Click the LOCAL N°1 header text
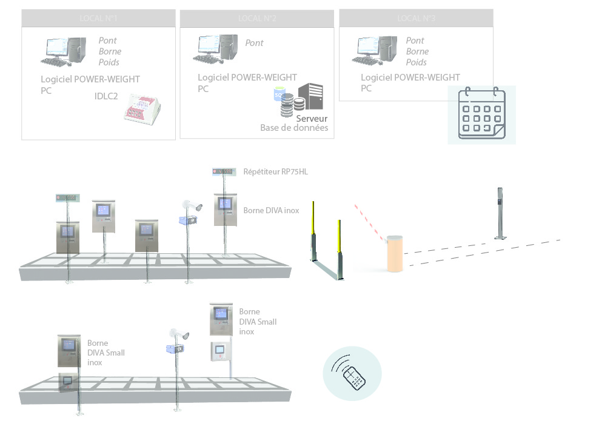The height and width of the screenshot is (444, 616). click(98, 18)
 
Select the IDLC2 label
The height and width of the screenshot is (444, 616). click(106, 96)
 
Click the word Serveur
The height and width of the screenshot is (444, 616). click(312, 119)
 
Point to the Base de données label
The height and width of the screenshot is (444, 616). click(294, 128)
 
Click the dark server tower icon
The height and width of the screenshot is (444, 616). click(310, 96)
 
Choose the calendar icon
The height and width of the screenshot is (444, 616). click(481, 114)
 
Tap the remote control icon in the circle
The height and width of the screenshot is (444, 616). click(352, 373)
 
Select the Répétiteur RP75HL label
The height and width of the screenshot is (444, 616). click(275, 172)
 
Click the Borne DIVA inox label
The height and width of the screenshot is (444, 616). click(271, 210)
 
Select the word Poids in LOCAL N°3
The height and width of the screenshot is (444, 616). click(417, 62)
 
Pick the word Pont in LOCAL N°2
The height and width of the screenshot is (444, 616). click(254, 43)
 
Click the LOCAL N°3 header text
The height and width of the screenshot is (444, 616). click(416, 18)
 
